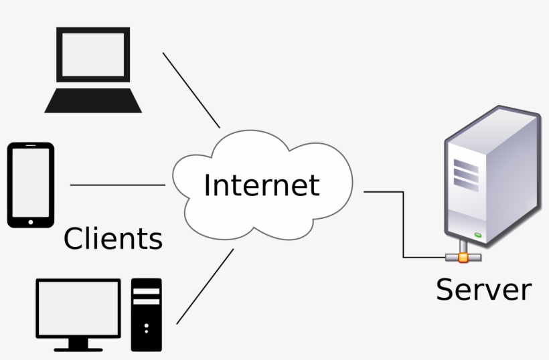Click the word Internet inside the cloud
262,185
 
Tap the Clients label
112,239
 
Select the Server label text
483,290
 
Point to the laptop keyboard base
93,101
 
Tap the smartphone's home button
29,220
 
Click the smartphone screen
30,182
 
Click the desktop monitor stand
78,344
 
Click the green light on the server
479,234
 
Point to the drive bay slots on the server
466,173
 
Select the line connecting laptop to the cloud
191,90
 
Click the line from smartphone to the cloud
117,185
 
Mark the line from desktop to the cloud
205,286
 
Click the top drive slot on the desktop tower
146,292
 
